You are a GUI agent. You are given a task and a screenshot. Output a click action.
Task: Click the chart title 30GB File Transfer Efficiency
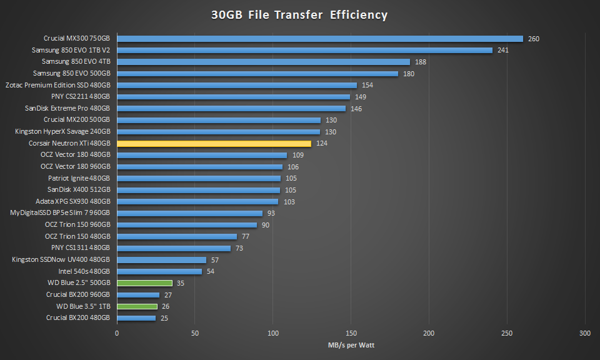click(299, 14)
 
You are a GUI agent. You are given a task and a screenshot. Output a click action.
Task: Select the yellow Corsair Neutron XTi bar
click(214, 144)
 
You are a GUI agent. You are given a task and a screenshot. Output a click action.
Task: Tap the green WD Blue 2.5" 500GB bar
click(144, 283)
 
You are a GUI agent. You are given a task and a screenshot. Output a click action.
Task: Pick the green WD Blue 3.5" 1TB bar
click(137, 306)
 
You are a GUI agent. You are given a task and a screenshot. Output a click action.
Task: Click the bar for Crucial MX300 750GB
click(319, 39)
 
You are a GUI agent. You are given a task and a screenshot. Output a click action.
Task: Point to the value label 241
click(503, 51)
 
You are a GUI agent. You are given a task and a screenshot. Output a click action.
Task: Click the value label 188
click(421, 62)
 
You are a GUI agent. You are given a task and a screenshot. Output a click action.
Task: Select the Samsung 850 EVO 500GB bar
click(257, 74)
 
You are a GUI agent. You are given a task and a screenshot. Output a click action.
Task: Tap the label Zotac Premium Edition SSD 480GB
click(57, 85)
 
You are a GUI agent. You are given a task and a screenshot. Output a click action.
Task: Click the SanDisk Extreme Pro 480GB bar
click(231, 109)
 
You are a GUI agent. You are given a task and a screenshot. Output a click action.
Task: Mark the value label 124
click(322, 144)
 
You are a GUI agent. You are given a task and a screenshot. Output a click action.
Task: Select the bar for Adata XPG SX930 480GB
click(197, 202)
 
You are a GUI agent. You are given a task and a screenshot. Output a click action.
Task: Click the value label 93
click(271, 213)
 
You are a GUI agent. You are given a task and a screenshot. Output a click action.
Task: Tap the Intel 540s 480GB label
click(84, 271)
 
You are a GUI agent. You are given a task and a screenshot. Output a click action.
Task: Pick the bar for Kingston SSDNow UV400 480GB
click(161, 260)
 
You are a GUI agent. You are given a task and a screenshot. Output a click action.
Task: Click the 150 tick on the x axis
click(351, 333)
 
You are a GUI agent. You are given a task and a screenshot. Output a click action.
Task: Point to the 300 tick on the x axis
click(585, 333)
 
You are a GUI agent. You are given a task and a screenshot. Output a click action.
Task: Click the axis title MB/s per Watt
click(351, 345)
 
